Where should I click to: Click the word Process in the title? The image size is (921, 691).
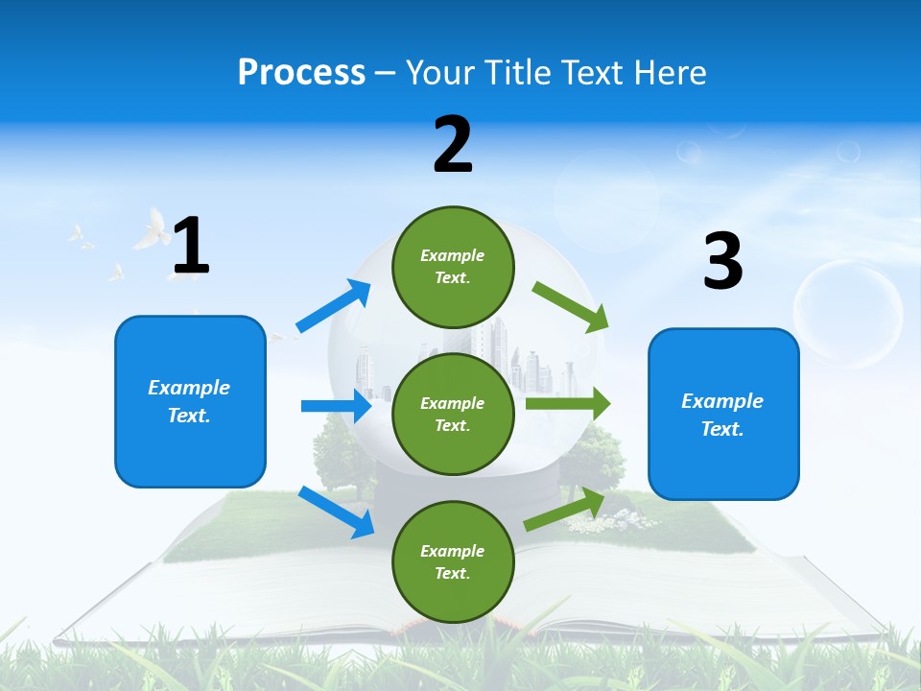click(301, 73)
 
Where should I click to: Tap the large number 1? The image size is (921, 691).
click(191, 246)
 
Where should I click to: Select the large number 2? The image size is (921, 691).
click(453, 145)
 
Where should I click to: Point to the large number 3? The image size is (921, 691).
click(722, 261)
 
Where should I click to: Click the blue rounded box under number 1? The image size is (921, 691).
click(190, 401)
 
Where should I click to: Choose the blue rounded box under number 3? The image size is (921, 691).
click(723, 414)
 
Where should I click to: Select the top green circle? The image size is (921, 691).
click(453, 267)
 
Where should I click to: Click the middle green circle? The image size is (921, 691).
click(453, 414)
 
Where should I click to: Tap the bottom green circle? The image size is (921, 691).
click(453, 561)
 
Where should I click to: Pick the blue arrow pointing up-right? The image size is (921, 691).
click(333, 306)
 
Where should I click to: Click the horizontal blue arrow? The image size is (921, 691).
click(336, 406)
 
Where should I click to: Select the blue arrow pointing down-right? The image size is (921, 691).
click(336, 512)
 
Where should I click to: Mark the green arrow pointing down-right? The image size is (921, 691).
click(570, 307)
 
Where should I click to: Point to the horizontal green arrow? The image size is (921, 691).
click(567, 404)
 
